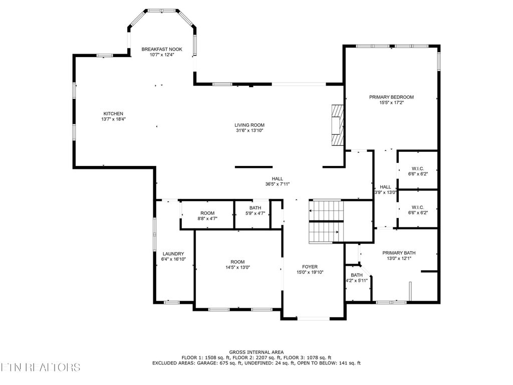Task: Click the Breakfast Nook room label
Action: [162, 49]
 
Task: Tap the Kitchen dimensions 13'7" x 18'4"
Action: [114, 119]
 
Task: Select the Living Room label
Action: [249, 125]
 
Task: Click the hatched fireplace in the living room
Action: [338, 125]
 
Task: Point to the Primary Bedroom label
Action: [391, 97]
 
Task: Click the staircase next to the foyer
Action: [326, 221]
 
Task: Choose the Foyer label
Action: [310, 267]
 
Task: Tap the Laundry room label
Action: [173, 254]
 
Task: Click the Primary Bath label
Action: [399, 253]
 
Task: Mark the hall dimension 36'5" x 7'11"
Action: [278, 184]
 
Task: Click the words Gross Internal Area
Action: [256, 352]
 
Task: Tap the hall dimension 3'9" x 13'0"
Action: [385, 192]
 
